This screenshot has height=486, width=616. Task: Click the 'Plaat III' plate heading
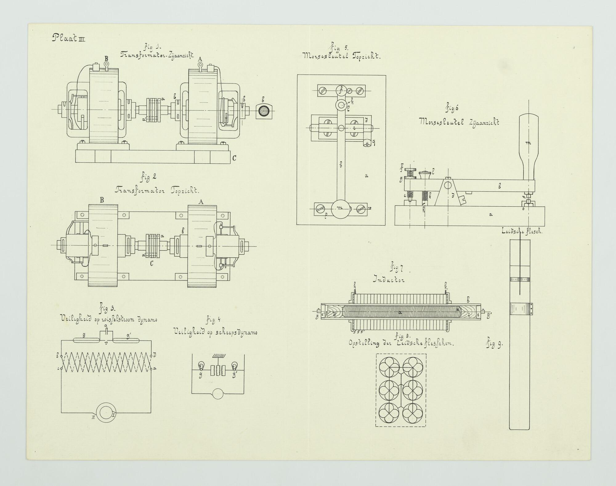(68, 38)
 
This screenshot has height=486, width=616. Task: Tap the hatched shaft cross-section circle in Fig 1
(264, 111)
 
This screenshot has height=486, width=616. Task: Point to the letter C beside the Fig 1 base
(234, 158)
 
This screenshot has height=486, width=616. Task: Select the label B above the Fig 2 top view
(102, 200)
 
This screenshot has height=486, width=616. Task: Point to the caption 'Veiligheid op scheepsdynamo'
(215, 333)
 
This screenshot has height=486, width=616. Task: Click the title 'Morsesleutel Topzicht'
(342, 57)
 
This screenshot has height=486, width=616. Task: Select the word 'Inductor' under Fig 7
(389, 280)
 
